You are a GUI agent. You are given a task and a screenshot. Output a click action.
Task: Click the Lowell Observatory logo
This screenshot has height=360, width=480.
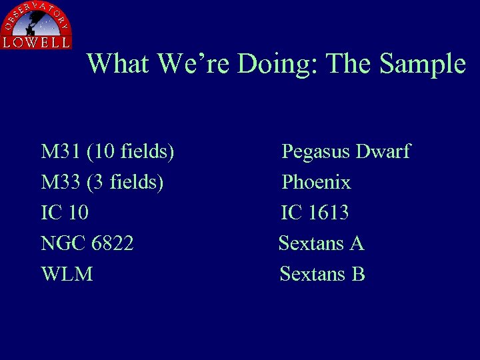pos(36,25)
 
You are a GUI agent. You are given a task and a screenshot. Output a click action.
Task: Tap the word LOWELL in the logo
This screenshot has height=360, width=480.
pos(36,42)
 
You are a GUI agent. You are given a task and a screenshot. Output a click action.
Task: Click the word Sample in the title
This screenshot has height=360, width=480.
pos(422,64)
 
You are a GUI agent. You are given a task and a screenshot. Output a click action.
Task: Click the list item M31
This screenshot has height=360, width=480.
pos(61,152)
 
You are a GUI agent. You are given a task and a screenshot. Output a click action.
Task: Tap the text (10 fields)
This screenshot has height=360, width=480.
pos(131,152)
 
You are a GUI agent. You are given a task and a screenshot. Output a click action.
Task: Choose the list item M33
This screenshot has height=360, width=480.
pos(61,182)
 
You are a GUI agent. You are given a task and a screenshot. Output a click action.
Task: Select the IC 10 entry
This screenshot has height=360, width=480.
pos(65,213)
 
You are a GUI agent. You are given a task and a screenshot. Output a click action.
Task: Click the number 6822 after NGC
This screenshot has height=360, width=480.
pos(111,243)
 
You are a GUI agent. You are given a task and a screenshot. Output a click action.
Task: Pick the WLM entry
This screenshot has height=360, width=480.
pos(67,274)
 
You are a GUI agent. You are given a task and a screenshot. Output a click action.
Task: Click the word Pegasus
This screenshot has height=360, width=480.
pos(316,152)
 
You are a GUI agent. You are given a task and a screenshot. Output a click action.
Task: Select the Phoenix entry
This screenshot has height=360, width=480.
pos(316,182)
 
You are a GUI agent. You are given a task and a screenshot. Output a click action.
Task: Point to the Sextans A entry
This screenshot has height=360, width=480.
pos(321,243)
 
